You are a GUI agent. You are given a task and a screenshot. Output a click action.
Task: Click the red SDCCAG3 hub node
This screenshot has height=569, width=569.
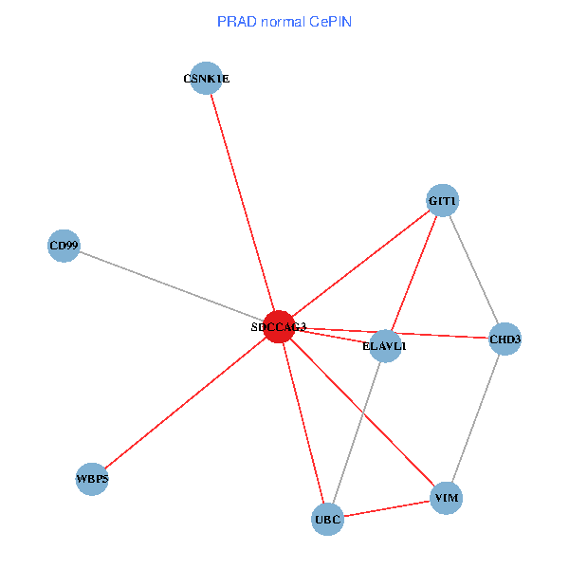(x=278, y=326)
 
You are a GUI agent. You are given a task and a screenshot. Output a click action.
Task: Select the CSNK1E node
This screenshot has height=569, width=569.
(x=206, y=79)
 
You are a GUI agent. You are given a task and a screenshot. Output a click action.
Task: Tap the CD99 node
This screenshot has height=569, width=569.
(x=64, y=247)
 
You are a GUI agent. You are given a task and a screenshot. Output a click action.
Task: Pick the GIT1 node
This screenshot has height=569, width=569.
(x=443, y=201)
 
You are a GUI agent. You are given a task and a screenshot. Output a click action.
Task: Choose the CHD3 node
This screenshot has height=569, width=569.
(x=505, y=339)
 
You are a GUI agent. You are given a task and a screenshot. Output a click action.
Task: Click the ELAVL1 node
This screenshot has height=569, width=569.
(x=385, y=345)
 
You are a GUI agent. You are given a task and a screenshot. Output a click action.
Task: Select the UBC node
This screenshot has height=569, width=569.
(x=327, y=520)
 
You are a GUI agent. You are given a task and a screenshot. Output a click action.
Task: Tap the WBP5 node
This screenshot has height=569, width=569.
(x=93, y=479)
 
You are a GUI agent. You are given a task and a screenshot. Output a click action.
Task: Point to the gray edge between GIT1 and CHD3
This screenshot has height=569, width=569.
(x=474, y=270)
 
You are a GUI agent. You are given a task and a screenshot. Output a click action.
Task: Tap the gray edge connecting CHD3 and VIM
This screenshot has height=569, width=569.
(x=476, y=417)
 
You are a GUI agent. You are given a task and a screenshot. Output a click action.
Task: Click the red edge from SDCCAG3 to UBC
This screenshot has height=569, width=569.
(x=303, y=423)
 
